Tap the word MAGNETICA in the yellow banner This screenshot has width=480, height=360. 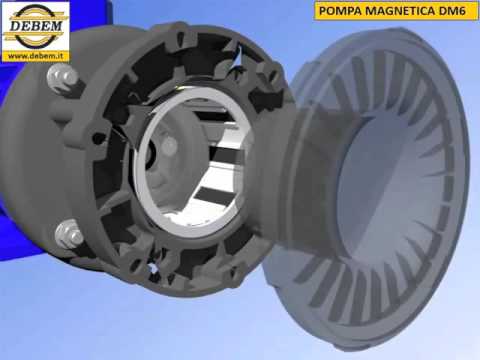tap(385, 13)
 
